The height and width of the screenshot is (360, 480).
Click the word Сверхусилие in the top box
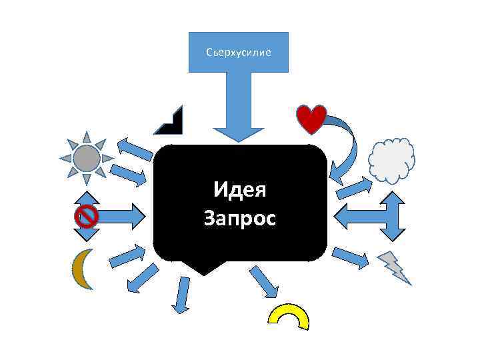[239, 51]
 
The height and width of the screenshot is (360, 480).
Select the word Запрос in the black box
[239, 218]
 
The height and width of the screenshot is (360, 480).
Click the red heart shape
[311, 117]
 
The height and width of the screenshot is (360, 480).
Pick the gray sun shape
[87, 158]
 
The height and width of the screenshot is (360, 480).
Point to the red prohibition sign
[87, 216]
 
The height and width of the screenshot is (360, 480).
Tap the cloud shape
[392, 160]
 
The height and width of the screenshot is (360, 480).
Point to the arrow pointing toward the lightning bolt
[349, 257]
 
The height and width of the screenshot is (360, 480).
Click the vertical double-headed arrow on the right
[393, 216]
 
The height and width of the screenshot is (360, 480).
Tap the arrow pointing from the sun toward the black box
[127, 175]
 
